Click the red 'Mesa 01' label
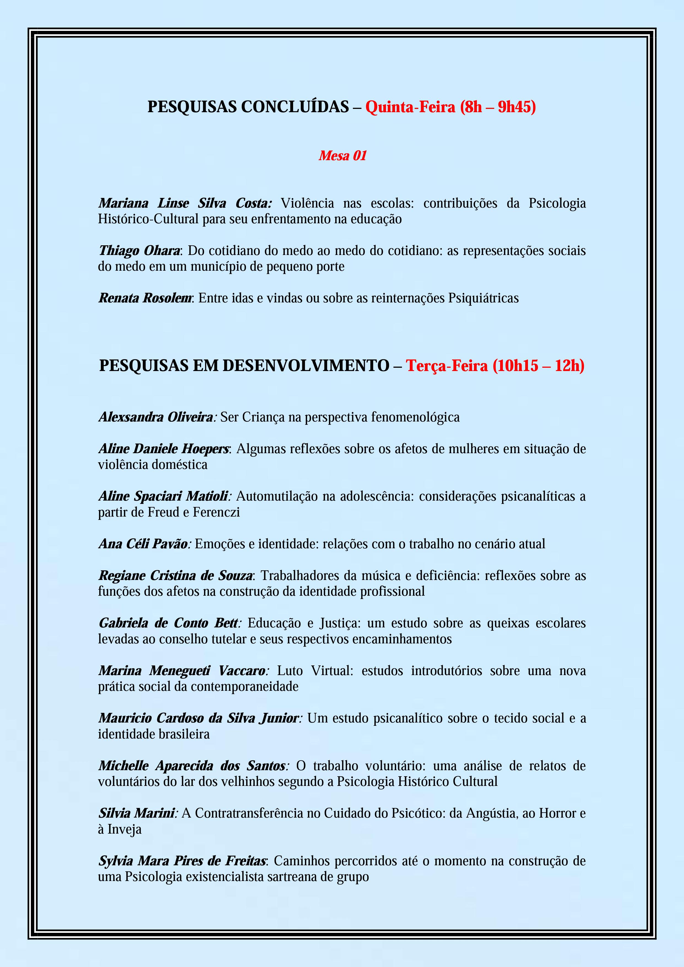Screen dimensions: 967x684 point(342,156)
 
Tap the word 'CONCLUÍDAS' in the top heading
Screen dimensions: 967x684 point(295,107)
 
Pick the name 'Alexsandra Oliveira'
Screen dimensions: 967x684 point(156,417)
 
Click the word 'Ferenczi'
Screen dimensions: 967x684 point(216,512)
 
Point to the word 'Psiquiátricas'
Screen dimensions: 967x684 point(483,298)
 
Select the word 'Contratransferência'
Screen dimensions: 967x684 point(249,813)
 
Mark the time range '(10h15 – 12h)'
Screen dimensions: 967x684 point(538,366)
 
